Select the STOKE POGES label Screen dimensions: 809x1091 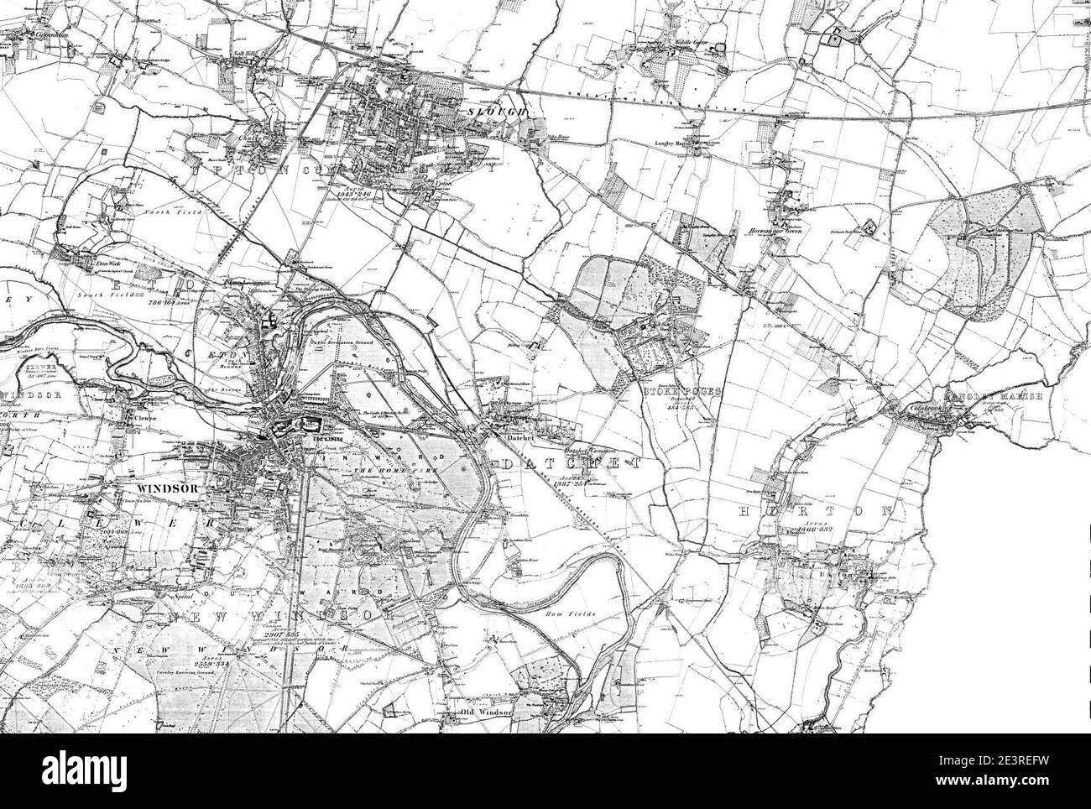(x=680, y=390)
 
